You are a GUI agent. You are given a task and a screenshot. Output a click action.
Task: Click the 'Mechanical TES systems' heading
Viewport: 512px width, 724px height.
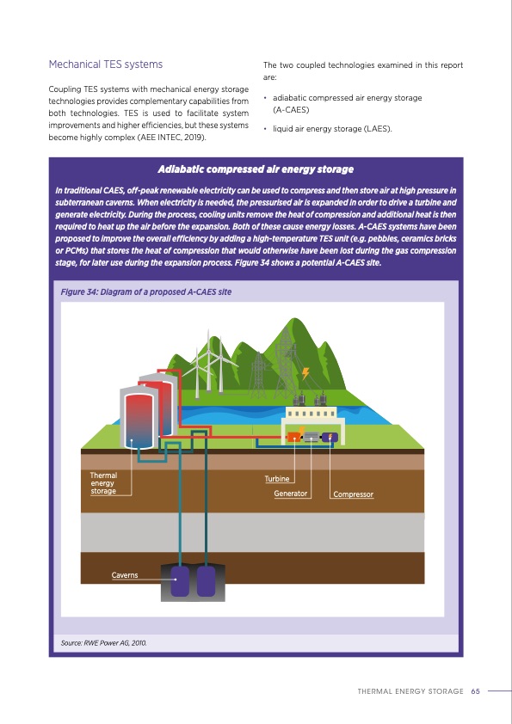click(105, 64)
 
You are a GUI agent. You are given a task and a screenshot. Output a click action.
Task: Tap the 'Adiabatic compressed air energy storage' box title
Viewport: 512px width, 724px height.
click(256, 169)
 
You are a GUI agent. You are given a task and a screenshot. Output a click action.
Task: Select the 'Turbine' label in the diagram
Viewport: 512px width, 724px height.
click(277, 478)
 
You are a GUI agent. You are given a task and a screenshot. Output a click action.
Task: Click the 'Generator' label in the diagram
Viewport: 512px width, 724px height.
click(291, 494)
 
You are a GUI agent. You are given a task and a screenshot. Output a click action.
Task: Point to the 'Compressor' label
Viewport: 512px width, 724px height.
click(353, 494)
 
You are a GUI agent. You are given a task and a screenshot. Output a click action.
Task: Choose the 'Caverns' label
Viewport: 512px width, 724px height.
click(124, 574)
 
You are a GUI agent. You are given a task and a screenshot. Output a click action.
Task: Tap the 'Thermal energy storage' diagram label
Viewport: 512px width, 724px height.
click(103, 482)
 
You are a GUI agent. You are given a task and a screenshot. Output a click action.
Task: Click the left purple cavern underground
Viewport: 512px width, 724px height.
click(181, 581)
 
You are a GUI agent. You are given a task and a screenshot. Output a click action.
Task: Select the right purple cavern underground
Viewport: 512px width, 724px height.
click(206, 581)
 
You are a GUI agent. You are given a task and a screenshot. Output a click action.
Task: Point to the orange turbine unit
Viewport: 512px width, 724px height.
click(294, 437)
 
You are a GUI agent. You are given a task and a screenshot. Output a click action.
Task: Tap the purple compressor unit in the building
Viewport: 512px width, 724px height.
click(329, 437)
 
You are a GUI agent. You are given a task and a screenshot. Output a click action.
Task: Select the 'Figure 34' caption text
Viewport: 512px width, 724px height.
click(145, 292)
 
